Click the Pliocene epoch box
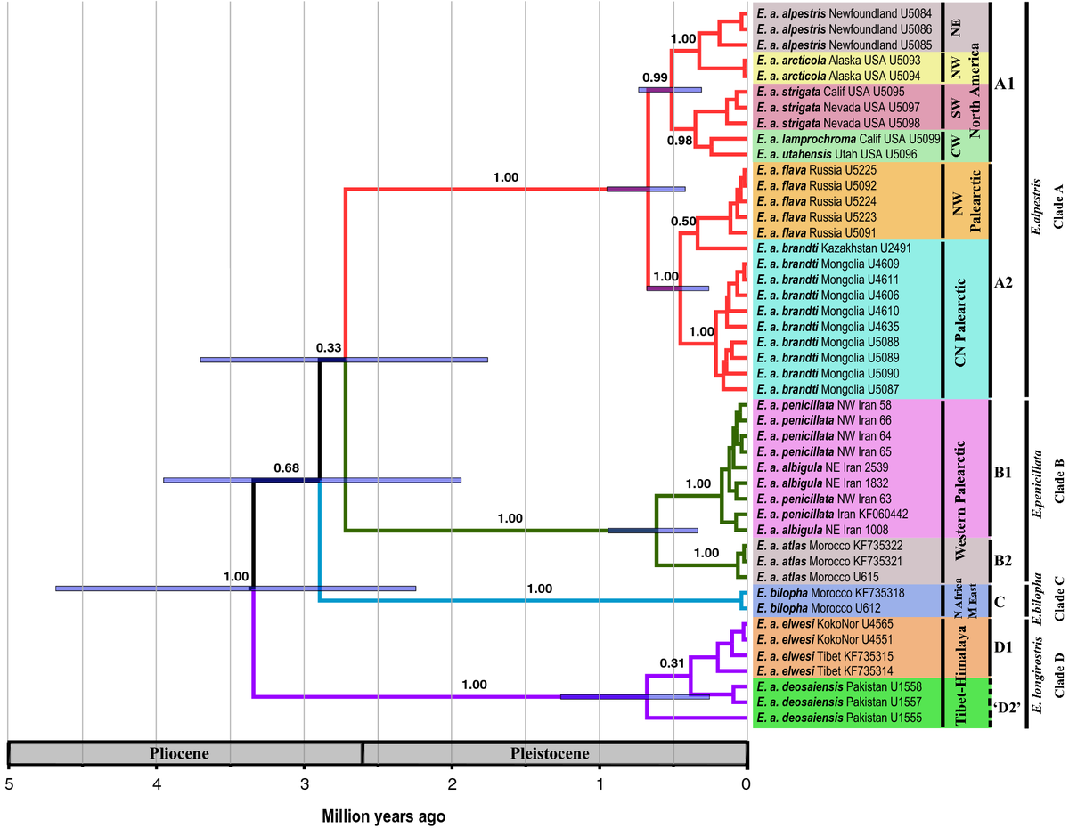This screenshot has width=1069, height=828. click(x=184, y=753)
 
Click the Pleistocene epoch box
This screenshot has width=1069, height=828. click(x=554, y=753)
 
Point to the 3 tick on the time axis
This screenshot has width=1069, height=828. click(x=304, y=784)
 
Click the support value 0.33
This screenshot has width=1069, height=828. click(x=329, y=348)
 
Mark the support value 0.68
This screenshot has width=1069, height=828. click(x=286, y=468)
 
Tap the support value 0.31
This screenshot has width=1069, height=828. click(x=673, y=663)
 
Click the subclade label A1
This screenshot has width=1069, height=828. click(x=1008, y=85)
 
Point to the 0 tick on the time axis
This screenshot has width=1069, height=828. click(x=747, y=784)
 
